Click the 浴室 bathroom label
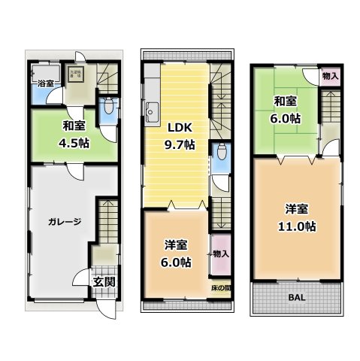pyautogui.click(x=44, y=84)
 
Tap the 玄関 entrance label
pyautogui.click(x=104, y=282)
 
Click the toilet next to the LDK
pyautogui.click(x=219, y=157)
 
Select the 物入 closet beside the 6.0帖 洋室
pyautogui.click(x=221, y=253)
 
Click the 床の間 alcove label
pyautogui.click(x=221, y=287)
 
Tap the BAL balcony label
pyautogui.click(x=297, y=296)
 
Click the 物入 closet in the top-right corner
pyautogui.click(x=330, y=76)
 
